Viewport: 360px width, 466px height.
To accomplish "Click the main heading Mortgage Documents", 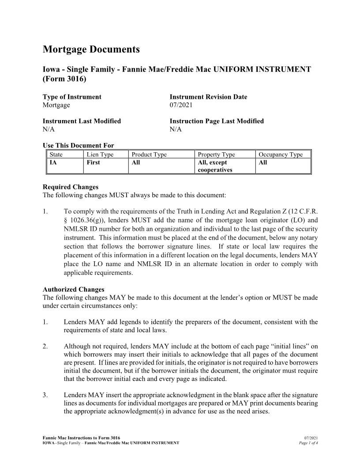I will tap(91, 49).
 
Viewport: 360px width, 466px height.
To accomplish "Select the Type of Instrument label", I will tap(72, 97).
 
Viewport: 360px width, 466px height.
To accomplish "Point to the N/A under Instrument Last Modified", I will tap(49, 129).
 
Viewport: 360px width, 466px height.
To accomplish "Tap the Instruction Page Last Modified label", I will tap(217, 121).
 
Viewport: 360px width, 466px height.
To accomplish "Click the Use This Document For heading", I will tap(78, 146).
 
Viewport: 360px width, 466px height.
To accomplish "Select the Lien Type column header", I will tap(100, 154).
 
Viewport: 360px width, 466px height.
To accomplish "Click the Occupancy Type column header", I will tap(281, 154).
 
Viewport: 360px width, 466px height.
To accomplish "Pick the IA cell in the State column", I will tap(54, 162).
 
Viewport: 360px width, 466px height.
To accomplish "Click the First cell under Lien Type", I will tap(93, 162).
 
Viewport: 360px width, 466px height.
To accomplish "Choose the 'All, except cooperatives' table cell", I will tap(215, 166).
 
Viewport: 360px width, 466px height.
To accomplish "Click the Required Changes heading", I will tap(71, 187).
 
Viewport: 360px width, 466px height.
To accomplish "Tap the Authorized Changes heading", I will tap(73, 289).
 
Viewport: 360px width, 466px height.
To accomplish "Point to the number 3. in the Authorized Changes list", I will tap(45, 395).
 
